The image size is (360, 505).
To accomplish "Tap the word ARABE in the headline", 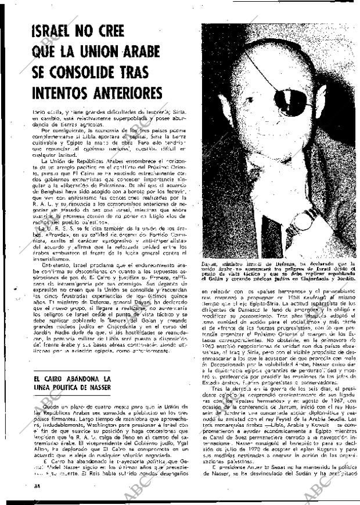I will (140, 52).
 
